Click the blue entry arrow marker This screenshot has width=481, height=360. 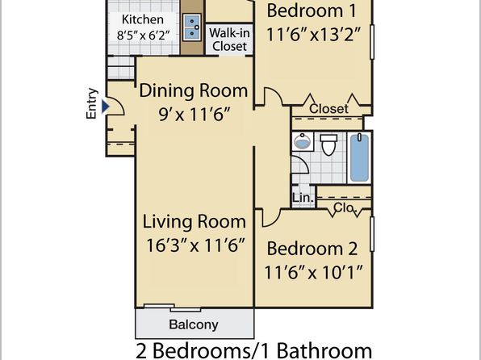[106, 107]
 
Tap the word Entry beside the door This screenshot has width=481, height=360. [92, 103]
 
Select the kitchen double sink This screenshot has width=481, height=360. [192, 27]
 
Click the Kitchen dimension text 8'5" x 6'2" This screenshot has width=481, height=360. [143, 36]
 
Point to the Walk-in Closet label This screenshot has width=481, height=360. [229, 40]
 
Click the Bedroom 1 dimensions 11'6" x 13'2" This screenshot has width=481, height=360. [312, 34]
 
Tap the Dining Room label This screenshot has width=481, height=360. [194, 91]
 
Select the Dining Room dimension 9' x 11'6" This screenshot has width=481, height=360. [194, 115]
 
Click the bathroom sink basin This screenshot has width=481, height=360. [302, 141]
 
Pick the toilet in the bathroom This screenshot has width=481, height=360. [328, 144]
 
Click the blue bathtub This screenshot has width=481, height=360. [359, 157]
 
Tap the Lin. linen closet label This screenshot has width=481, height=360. [303, 198]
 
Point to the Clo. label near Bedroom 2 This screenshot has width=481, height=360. [345, 207]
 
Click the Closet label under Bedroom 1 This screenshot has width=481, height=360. [328, 108]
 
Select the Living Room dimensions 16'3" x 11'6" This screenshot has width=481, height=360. [195, 245]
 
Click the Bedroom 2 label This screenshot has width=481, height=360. [312, 249]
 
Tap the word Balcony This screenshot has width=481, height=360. [194, 324]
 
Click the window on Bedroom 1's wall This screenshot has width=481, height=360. [372, 42]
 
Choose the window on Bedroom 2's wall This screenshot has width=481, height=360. [372, 234]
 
